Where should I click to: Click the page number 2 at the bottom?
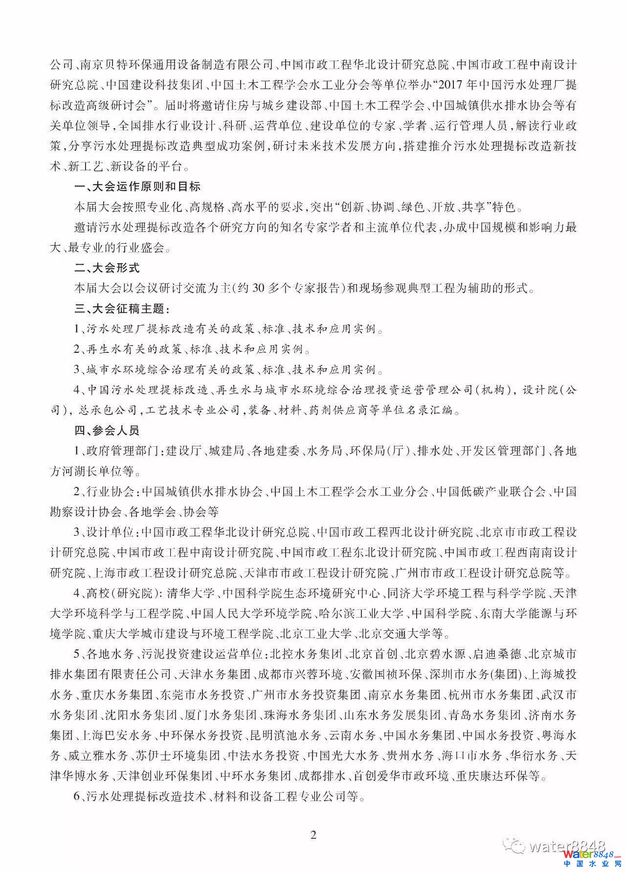point(313,834)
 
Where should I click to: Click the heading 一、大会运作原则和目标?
point(137,186)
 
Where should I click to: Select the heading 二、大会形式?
point(107,267)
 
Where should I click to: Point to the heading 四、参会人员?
point(107,430)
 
